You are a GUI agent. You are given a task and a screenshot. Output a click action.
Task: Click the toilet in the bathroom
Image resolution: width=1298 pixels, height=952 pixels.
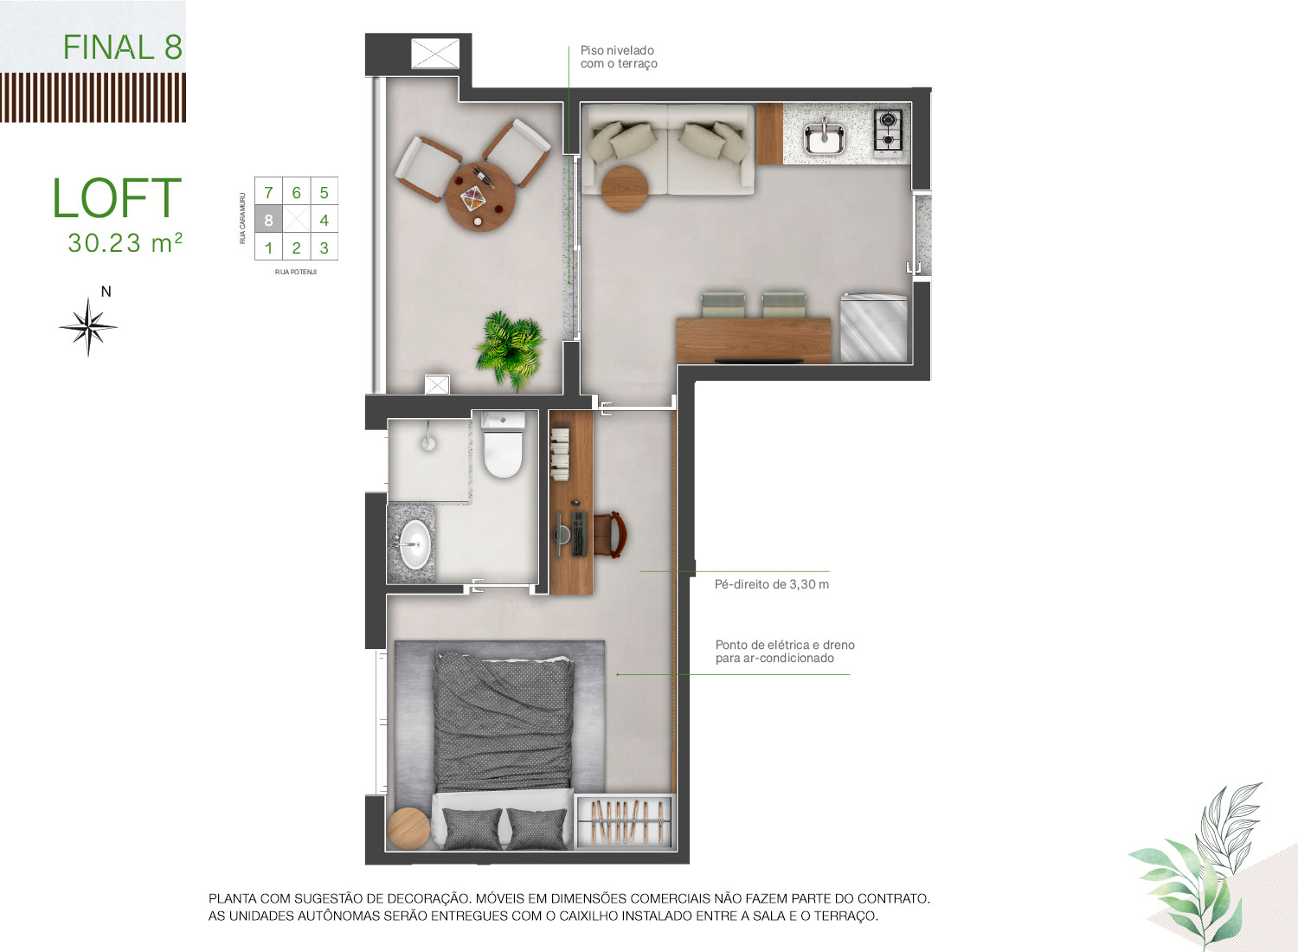coord(503,445)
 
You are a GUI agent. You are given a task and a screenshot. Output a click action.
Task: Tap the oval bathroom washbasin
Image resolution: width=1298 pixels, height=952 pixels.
coord(415,544)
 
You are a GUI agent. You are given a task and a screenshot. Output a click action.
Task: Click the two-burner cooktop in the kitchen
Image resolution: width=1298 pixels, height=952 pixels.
coord(888,131)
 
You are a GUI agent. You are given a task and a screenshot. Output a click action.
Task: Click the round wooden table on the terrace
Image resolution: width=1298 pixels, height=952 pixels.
coord(480,197)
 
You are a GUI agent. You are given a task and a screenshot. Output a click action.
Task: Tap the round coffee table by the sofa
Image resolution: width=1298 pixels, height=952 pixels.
coord(625,189)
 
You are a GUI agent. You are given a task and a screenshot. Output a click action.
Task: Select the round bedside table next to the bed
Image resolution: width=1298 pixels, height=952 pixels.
coord(408,828)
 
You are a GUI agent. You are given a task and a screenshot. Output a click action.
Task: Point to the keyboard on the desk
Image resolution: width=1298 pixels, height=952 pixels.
coord(579,533)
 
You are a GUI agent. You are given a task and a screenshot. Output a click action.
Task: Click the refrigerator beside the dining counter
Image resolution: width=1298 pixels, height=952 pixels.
coord(874,328)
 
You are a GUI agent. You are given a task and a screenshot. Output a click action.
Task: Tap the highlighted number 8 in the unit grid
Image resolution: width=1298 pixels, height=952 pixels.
coord(268,220)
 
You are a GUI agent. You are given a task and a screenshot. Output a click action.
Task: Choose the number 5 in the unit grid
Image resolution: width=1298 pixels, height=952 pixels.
coord(324,192)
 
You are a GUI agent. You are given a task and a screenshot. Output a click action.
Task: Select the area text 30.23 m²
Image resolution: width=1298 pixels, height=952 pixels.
coord(125,243)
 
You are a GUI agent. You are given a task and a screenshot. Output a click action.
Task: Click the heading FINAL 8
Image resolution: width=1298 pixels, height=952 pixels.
coord(123,47)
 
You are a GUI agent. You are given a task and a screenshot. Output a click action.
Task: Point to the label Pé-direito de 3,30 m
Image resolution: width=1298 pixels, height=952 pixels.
coord(771,584)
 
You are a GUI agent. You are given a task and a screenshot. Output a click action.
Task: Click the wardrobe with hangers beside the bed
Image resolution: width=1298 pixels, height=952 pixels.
coord(625,821)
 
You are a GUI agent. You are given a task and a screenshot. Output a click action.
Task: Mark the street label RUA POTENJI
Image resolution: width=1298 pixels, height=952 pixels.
coord(296,272)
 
